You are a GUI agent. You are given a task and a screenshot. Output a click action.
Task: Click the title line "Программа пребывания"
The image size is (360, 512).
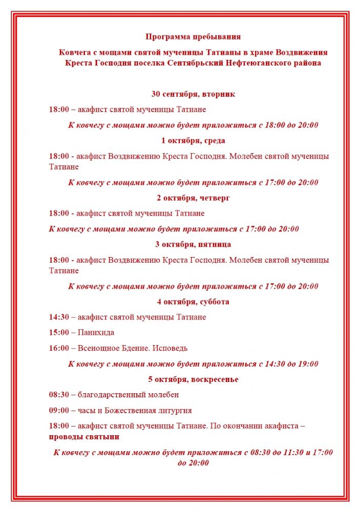point(193,36)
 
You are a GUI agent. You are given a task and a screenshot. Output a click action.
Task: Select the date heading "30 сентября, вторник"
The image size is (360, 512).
point(193,94)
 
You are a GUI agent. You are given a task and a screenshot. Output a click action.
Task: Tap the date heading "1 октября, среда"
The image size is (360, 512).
point(193,141)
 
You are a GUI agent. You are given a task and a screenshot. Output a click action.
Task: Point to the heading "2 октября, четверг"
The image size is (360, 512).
point(193,198)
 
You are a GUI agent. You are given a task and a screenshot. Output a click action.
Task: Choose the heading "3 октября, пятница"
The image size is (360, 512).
point(193,244)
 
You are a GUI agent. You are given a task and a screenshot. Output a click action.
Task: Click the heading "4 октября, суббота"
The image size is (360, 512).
point(193,302)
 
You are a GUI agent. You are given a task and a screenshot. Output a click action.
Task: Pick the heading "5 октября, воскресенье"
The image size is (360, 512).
point(193,379)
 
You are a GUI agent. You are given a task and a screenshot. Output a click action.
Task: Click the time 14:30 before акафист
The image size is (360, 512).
point(59,317)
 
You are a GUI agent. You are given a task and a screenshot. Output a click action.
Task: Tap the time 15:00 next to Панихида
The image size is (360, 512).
point(59,333)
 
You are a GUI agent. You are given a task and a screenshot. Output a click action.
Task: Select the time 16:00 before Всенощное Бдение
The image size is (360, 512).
point(59,348)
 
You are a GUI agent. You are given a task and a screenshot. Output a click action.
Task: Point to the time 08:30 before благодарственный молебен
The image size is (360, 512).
point(59,395)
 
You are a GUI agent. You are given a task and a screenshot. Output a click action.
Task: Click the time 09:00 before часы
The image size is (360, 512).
point(59,410)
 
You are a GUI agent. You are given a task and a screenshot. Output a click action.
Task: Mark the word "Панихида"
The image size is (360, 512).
point(96,333)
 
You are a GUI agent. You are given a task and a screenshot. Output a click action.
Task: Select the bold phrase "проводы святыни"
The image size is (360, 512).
point(84,437)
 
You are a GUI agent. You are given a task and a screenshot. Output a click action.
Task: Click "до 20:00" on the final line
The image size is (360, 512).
point(193,463)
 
